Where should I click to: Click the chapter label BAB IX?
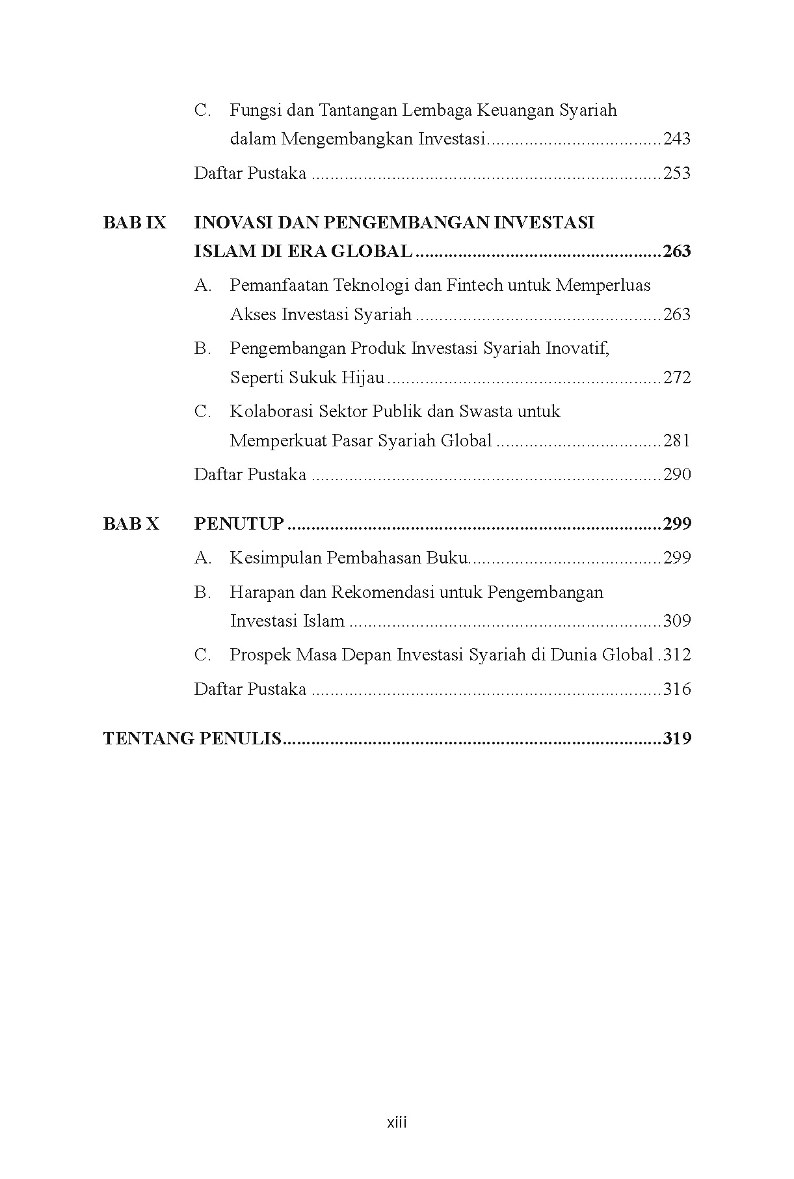point(135,223)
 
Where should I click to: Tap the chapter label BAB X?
point(131,524)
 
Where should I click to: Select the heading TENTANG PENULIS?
point(192,739)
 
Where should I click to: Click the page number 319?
point(677,739)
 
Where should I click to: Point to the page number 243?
point(677,139)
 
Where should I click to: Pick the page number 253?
point(677,174)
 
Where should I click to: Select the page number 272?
point(677,378)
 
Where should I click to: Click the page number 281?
point(677,441)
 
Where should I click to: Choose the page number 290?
point(677,475)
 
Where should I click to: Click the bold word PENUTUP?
point(239,524)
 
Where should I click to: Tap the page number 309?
point(677,621)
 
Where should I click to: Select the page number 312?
point(677,655)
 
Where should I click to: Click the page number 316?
point(677,690)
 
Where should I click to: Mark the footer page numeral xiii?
point(397,1122)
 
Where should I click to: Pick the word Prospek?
point(260,655)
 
